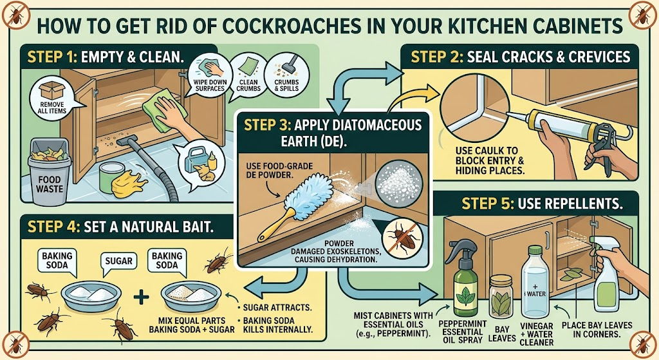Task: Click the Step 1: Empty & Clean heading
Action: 106,57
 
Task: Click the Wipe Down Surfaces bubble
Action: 210,76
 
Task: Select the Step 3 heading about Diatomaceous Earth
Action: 332,133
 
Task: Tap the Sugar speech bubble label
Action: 118,261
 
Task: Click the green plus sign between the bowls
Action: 141,298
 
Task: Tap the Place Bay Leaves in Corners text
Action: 597,330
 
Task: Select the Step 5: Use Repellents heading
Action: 542,204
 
